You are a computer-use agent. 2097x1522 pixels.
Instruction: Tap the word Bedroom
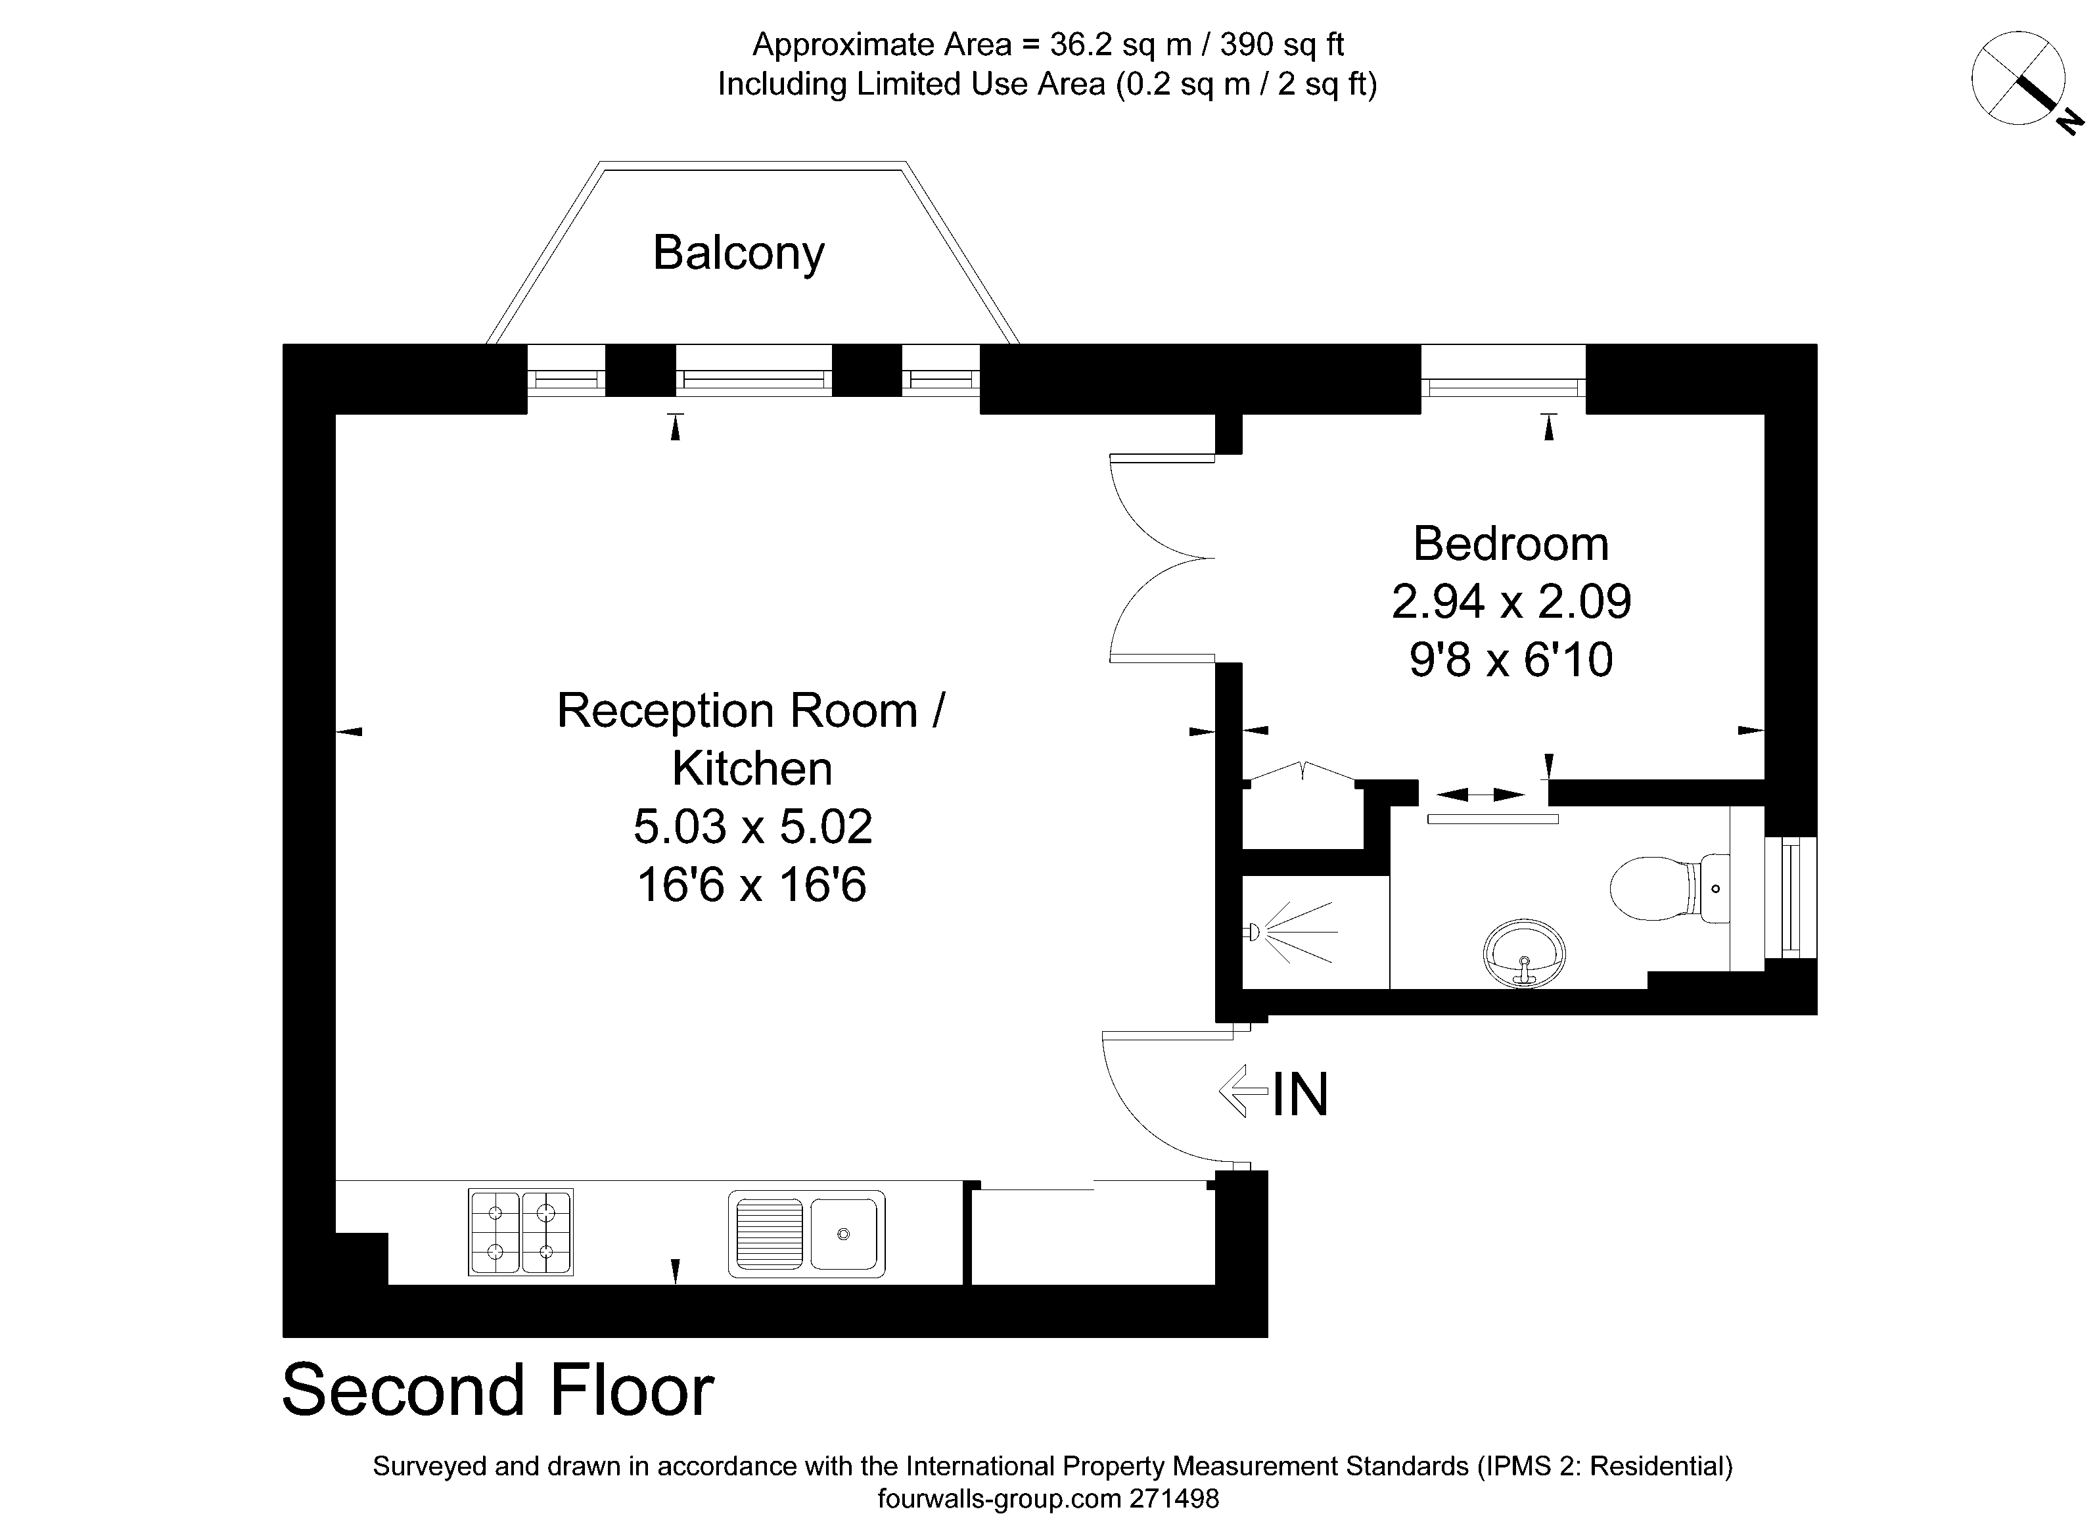(1510, 543)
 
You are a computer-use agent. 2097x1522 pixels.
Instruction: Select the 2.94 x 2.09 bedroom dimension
(1510, 602)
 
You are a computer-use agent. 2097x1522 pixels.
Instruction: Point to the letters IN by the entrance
(1300, 1095)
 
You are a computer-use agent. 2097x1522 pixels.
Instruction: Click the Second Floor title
(497, 1391)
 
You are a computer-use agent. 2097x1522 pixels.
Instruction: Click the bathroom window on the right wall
(1791, 897)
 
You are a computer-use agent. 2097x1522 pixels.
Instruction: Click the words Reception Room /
(750, 711)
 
